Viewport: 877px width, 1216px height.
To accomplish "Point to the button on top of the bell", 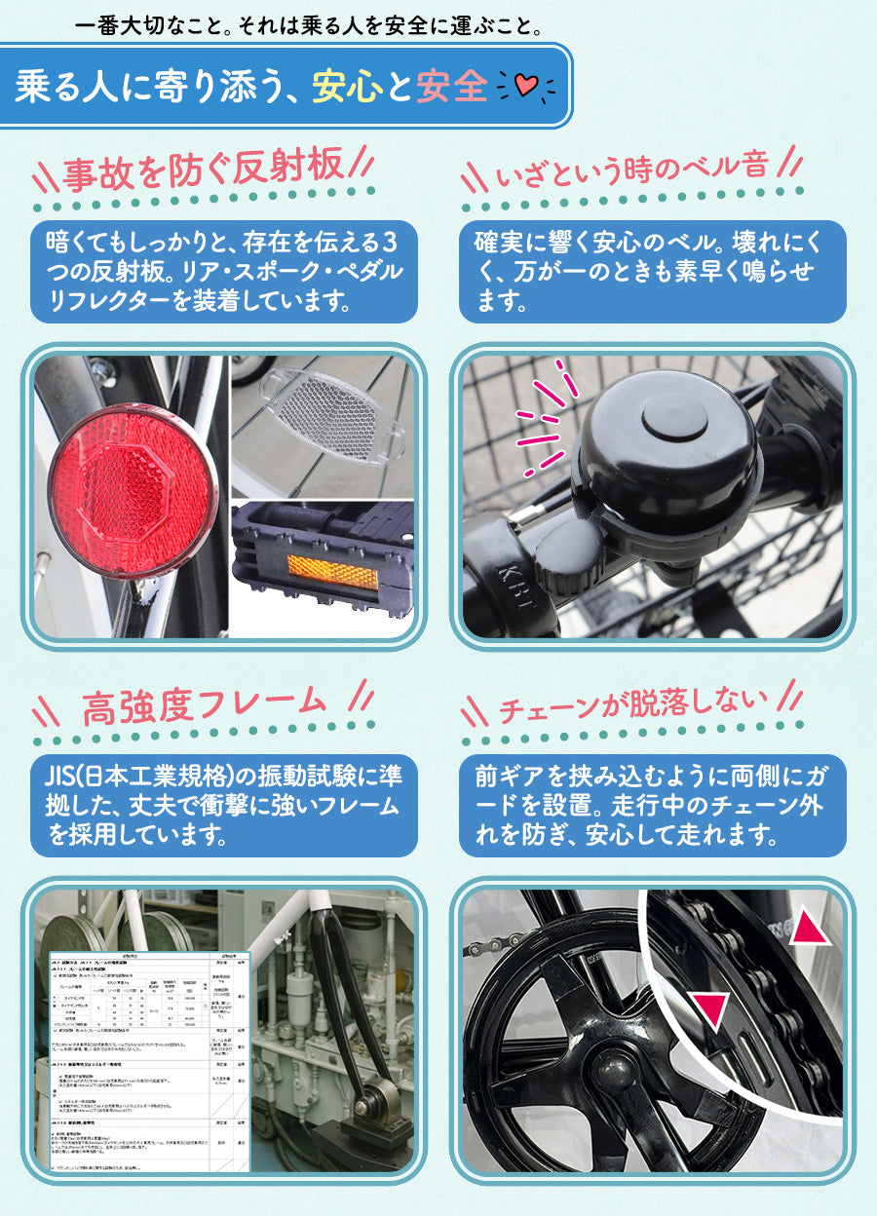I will pos(674,415).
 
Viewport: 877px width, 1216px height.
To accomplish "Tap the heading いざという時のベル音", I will pos(632,171).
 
